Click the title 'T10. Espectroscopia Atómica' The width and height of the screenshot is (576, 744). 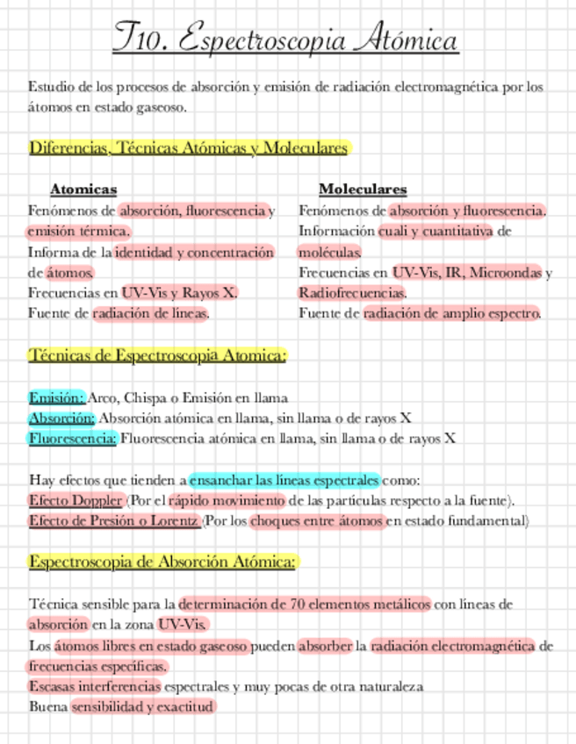(286, 40)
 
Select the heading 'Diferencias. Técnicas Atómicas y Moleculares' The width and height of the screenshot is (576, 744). (189, 148)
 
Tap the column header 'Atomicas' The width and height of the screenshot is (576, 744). (83, 189)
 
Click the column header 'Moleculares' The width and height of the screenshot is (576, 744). (363, 189)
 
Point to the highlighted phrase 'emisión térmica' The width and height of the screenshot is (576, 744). (78, 232)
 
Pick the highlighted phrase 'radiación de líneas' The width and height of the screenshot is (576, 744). (150, 312)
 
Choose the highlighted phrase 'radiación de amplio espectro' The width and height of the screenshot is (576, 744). (451, 312)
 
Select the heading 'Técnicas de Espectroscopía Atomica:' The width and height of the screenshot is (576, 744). (158, 355)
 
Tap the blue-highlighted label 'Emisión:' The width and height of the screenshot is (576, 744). (56, 397)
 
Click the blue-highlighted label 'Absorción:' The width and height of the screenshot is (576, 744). (61, 418)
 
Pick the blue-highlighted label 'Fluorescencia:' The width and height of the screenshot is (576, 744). (72, 438)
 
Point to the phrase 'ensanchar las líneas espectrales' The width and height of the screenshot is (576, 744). (284, 481)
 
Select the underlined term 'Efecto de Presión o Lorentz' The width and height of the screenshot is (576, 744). (114, 521)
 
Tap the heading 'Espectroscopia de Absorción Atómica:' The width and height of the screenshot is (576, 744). (163, 562)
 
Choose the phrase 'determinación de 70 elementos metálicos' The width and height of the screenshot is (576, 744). (305, 604)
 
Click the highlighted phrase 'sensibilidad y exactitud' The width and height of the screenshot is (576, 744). (142, 706)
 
